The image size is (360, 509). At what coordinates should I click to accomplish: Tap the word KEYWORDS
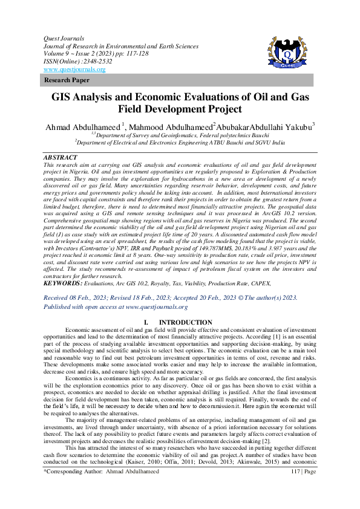(x=63, y=283)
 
